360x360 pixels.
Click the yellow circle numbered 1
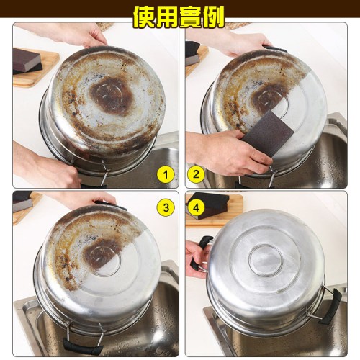pyautogui.click(x=166, y=174)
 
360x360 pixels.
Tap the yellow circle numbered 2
pyautogui.click(x=196, y=174)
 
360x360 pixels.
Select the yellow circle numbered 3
pyautogui.click(x=166, y=207)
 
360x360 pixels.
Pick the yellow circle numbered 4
pyautogui.click(x=196, y=207)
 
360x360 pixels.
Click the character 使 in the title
pyautogui.click(x=144, y=17)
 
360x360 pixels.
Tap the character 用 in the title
pyautogui.click(x=167, y=17)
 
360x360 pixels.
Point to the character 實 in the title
pyautogui.click(x=190, y=17)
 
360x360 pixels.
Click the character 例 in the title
pyautogui.click(x=213, y=17)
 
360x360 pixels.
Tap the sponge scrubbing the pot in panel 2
pyautogui.click(x=268, y=134)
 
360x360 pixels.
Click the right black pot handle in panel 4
pyautogui.click(x=330, y=307)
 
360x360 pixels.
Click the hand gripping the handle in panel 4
pyautogui.click(x=197, y=258)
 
